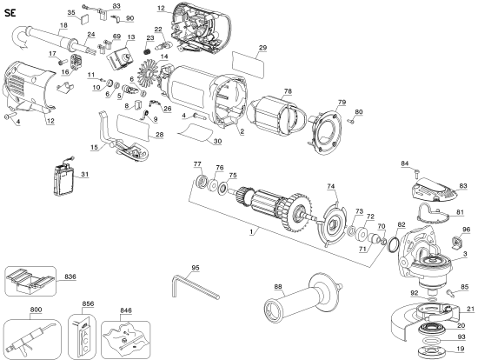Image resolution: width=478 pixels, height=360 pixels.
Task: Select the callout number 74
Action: point(330,186)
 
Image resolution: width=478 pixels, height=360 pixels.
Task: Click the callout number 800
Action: point(36,310)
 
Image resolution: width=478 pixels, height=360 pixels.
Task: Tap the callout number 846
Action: point(126,310)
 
